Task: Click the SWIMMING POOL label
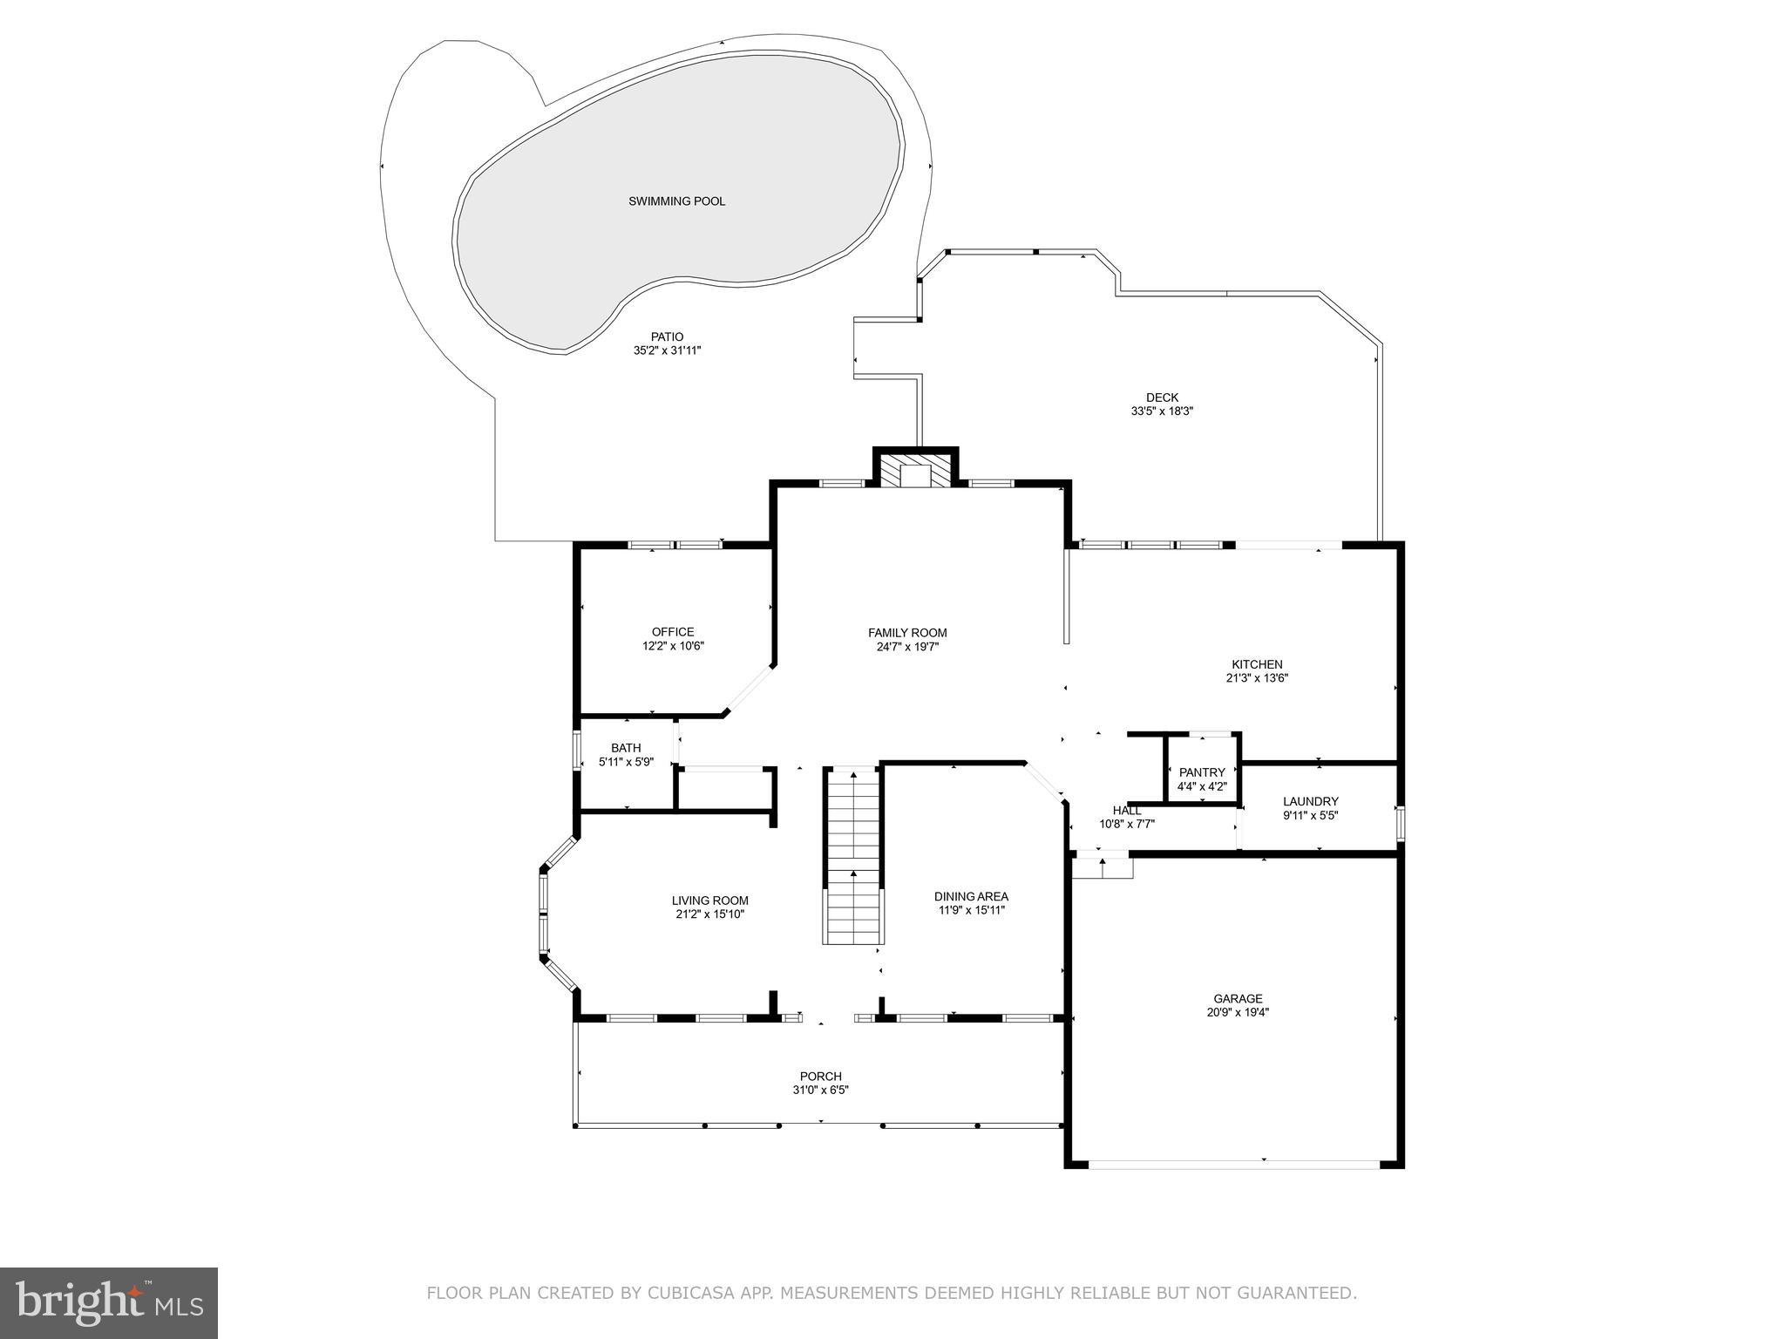tap(676, 201)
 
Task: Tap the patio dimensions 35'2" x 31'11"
tap(667, 350)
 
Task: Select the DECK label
tap(1162, 398)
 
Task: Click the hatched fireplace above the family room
tap(915, 471)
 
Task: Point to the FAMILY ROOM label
tap(906, 633)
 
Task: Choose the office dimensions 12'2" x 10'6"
tap(673, 646)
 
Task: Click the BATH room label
tap(625, 748)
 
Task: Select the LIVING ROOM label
tap(709, 901)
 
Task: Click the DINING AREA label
tap(971, 896)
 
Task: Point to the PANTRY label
tap(1202, 772)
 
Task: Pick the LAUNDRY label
tap(1310, 802)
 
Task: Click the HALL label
tap(1126, 811)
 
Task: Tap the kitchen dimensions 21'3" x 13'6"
tap(1257, 677)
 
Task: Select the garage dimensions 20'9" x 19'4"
tap(1238, 1012)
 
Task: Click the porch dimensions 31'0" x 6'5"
tap(820, 1090)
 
